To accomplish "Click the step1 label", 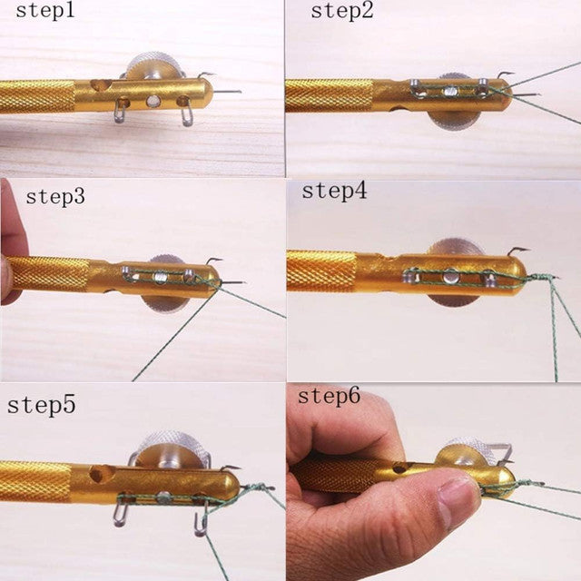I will (42, 13).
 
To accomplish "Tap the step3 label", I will (55, 196).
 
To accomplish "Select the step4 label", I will (333, 191).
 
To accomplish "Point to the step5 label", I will (42, 405).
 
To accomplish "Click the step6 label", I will (329, 396).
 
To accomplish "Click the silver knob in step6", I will (469, 454).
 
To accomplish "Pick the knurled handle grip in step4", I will (320, 271).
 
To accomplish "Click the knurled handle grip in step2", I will (328, 94).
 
